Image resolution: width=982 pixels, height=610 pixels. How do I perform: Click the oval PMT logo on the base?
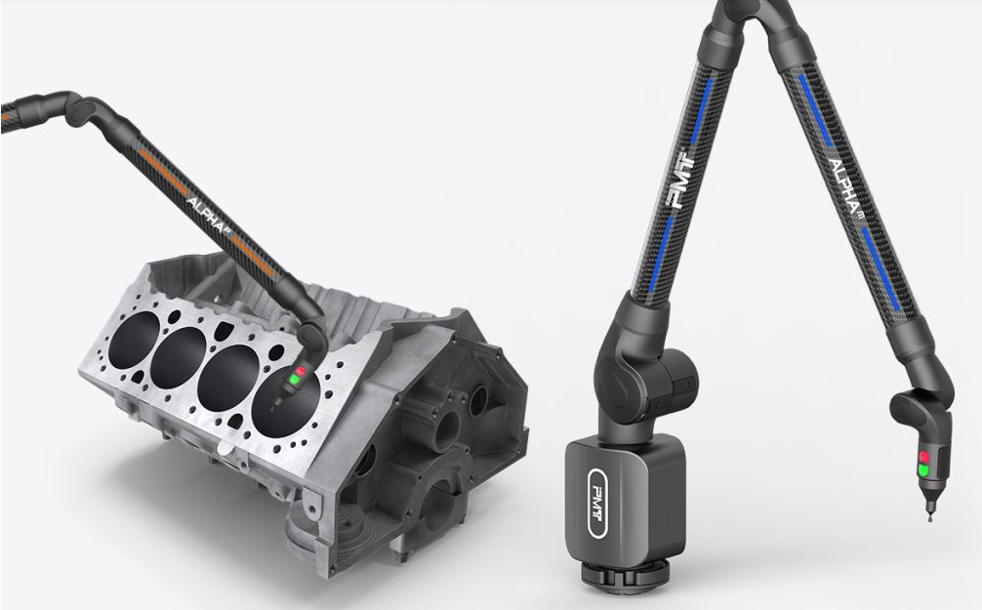point(597,503)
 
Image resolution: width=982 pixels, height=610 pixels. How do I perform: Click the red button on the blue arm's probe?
point(923,457)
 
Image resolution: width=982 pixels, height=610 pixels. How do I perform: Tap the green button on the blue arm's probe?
point(923,469)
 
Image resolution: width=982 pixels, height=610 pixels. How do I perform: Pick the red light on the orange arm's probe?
point(300,372)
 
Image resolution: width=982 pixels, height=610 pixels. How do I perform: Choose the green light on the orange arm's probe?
point(295,380)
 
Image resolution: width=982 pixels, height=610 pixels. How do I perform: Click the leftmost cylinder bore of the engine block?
point(134,339)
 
